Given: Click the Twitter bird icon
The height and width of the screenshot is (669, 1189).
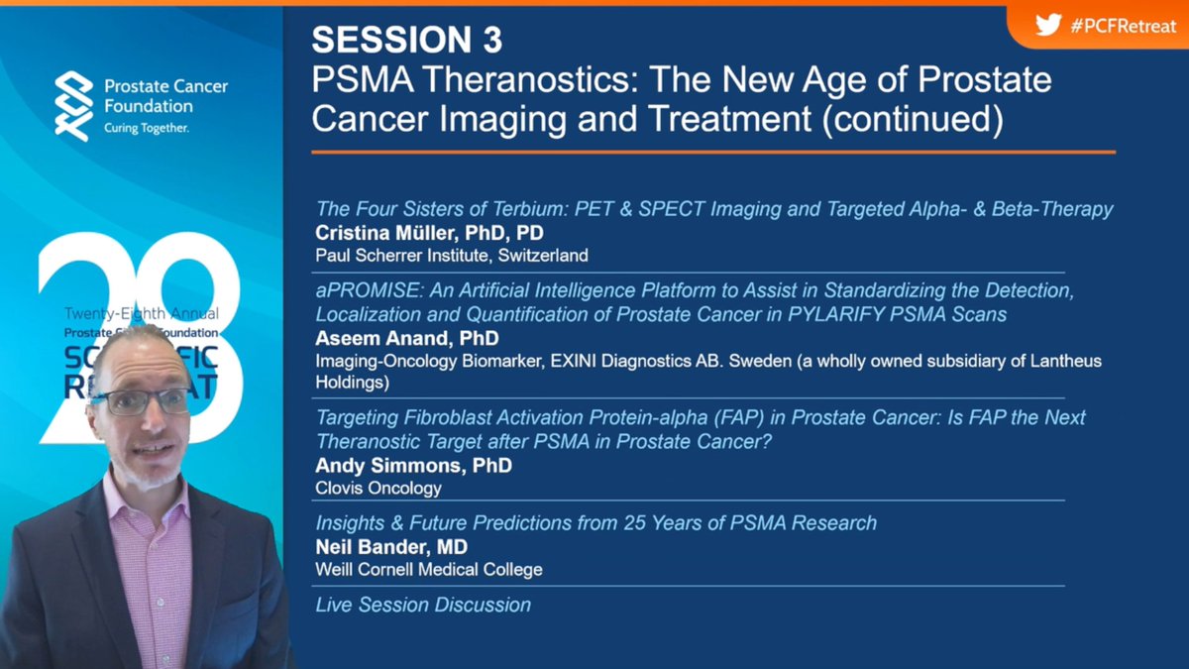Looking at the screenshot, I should (1048, 25).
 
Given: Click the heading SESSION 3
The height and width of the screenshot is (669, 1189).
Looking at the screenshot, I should (406, 39).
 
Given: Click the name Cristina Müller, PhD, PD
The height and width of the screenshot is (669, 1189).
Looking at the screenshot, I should (429, 233).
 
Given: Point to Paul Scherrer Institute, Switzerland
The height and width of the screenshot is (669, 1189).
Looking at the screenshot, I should (452, 255).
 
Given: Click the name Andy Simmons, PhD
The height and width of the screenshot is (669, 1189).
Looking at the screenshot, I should (413, 465).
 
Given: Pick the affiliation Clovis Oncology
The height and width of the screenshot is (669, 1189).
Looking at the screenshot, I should (378, 488).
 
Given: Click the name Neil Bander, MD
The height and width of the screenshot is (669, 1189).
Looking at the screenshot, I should (390, 546).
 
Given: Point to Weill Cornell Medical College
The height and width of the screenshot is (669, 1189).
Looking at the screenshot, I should (429, 569).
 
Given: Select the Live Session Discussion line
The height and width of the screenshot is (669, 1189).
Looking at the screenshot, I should (423, 605).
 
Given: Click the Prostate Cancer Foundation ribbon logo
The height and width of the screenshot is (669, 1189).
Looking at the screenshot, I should (74, 105).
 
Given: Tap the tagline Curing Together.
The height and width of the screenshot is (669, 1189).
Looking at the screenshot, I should (147, 129).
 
